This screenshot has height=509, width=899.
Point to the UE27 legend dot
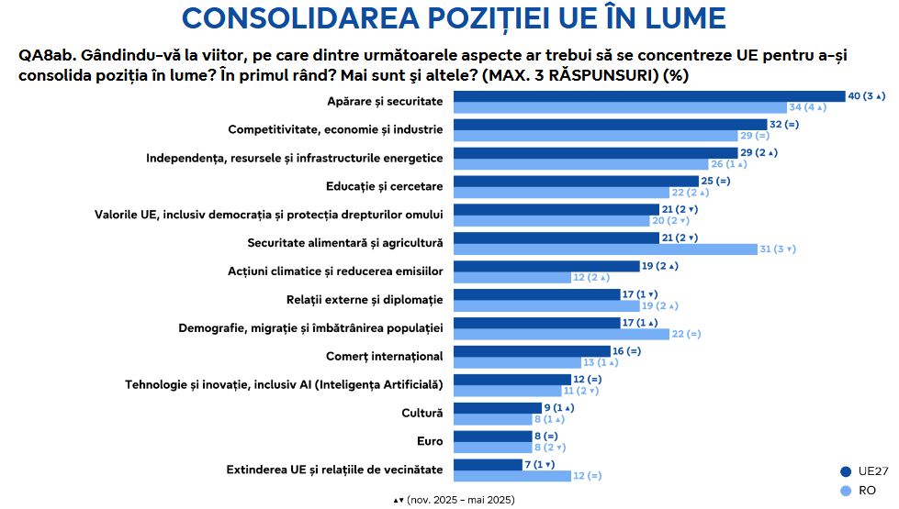pyautogui.click(x=845, y=471)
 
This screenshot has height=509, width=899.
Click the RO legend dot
pyautogui.click(x=845, y=491)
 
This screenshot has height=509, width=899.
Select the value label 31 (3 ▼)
pyautogui.click(x=778, y=249)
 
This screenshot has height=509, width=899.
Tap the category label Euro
pyautogui.click(x=429, y=441)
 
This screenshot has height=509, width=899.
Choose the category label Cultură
pyautogui.click(x=421, y=413)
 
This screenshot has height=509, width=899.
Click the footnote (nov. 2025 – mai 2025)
pyautogui.click(x=460, y=500)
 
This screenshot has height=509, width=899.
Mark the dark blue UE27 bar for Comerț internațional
pyautogui.click(x=532, y=350)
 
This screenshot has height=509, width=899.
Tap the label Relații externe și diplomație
pyautogui.click(x=365, y=300)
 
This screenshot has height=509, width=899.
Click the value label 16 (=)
pyautogui.click(x=627, y=350)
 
